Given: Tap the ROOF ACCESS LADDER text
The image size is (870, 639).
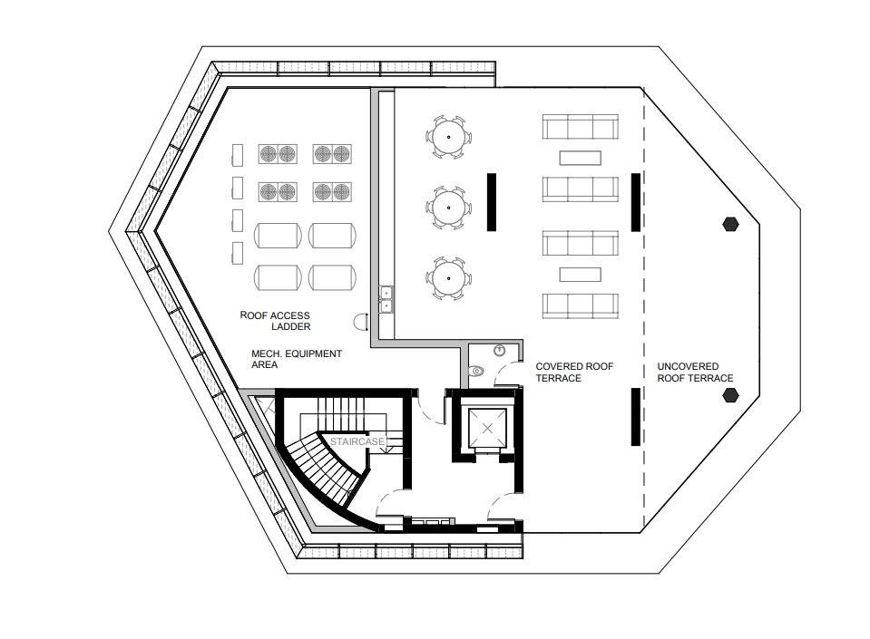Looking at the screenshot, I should tap(275, 321).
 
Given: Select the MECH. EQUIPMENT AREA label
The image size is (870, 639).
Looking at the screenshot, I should tap(297, 359).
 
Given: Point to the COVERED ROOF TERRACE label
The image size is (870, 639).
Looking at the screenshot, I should tap(574, 372).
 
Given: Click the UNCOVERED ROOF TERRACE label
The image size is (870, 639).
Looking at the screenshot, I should tap(695, 372).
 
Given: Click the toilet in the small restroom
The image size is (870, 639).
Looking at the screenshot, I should tap(476, 371).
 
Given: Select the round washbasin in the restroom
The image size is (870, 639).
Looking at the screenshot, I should tap(499, 350).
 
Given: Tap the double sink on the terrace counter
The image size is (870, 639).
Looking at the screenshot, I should tap(386, 299).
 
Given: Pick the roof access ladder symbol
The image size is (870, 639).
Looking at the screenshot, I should tap(360, 322).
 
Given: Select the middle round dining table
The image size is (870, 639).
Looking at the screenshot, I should tap(448, 208).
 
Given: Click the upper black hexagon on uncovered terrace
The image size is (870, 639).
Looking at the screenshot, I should tap(730, 225).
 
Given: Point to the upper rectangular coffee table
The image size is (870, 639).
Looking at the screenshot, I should tap(580, 158).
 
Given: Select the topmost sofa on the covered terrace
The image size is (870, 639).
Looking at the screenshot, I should tap(580, 127).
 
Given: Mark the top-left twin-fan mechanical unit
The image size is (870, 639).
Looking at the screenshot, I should tap(278, 154).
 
